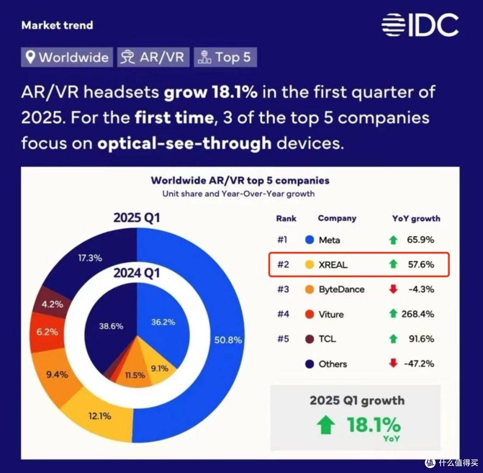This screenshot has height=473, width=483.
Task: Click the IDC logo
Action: tap(420, 25)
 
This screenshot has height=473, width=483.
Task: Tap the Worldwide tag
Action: tap(67, 57)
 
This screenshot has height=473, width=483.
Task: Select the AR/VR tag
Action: tap(153, 57)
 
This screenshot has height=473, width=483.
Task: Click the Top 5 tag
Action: tap(225, 57)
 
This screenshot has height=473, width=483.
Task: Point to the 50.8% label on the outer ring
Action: tap(228, 340)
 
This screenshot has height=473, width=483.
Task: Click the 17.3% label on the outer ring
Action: tap(90, 258)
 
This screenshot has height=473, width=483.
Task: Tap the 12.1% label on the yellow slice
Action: tap(100, 416)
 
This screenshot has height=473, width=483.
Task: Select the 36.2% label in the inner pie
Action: tap(163, 322)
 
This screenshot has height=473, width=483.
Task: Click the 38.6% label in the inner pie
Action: tap(111, 326)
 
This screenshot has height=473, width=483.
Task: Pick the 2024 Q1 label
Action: tap(136, 273)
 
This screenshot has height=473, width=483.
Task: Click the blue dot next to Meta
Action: tap(309, 240)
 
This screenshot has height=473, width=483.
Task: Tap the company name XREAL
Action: tap(333, 265)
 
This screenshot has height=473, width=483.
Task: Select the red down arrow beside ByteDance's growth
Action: tap(393, 289)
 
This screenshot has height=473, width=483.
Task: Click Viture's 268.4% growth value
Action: tap(418, 314)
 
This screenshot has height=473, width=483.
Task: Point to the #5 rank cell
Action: tap(283, 339)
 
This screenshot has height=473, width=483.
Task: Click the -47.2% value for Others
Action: tap(419, 364)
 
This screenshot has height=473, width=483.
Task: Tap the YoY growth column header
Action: tap(416, 218)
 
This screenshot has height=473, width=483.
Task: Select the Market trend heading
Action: tap(57, 25)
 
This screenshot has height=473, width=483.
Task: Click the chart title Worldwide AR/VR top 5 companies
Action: tap(240, 180)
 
